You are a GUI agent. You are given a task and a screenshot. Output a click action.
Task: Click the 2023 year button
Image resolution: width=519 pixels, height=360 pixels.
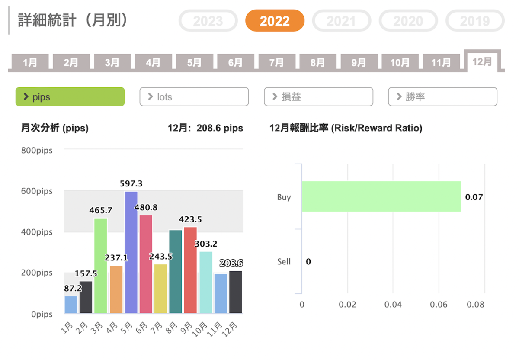(x=208, y=21)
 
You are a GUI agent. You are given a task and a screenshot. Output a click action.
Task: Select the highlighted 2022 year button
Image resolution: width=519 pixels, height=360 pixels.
(x=275, y=21)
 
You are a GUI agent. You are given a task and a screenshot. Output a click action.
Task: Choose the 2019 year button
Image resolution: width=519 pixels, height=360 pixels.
(x=474, y=21)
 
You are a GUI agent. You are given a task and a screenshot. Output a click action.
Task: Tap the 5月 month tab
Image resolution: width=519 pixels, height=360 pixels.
(x=194, y=63)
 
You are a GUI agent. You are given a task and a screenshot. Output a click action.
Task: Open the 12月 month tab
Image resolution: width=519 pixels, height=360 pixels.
(x=482, y=62)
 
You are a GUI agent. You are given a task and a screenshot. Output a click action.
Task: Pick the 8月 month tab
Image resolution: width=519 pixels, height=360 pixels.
(x=317, y=63)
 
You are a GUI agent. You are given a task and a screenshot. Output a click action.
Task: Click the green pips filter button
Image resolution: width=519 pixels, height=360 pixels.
(x=70, y=97)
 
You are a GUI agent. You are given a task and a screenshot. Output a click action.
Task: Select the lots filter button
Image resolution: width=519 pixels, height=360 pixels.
(x=194, y=97)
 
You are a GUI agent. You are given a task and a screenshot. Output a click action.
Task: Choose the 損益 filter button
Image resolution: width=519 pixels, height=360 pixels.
(x=318, y=97)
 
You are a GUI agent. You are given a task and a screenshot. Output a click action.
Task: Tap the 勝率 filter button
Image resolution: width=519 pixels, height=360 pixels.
(x=442, y=97)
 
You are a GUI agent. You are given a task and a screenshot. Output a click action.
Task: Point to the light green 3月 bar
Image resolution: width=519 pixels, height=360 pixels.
(x=100, y=266)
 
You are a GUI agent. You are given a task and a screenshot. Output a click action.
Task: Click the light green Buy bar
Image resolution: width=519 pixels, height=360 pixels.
(x=381, y=196)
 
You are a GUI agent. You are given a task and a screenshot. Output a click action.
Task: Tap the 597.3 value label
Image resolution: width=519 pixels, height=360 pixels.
(x=131, y=184)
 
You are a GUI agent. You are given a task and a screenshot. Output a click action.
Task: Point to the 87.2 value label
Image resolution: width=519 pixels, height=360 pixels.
(x=71, y=288)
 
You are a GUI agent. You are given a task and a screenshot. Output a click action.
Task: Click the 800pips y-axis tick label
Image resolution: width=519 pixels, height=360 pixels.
(x=37, y=151)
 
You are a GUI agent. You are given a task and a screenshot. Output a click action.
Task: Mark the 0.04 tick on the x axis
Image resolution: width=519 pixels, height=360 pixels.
(x=393, y=305)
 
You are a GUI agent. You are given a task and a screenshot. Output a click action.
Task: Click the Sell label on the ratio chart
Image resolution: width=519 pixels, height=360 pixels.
(x=284, y=262)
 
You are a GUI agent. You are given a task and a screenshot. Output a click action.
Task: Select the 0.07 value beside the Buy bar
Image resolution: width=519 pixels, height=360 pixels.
(x=474, y=197)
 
